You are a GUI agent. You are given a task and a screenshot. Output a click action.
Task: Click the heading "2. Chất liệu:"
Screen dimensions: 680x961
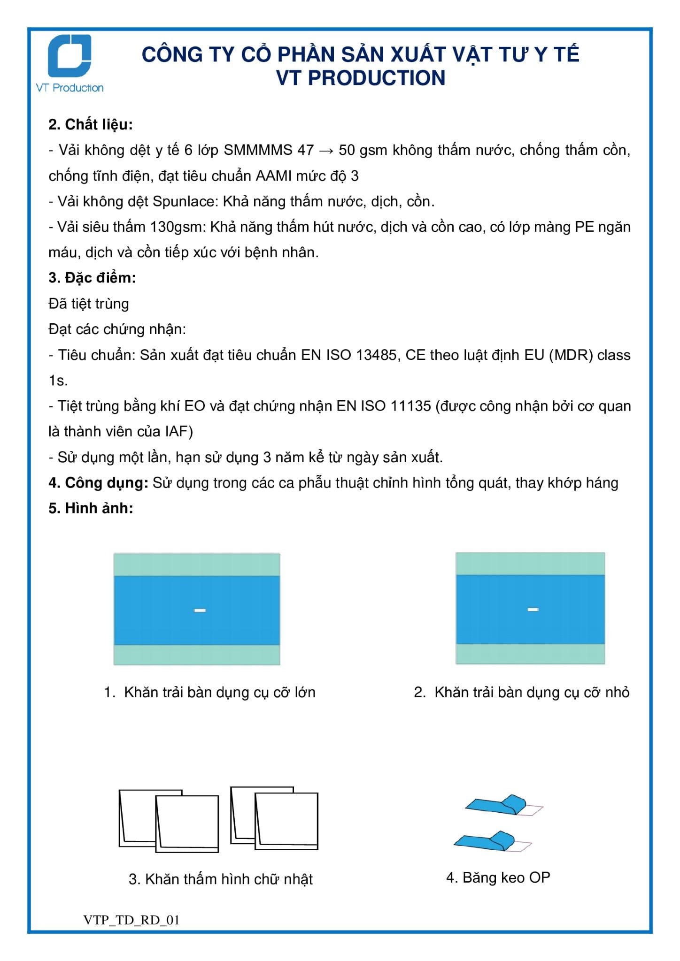(91, 124)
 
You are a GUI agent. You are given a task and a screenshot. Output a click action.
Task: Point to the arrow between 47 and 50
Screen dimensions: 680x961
(326, 151)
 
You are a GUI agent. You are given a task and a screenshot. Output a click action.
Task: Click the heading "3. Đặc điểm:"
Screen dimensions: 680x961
(92, 278)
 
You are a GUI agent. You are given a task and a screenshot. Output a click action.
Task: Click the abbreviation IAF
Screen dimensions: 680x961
(177, 432)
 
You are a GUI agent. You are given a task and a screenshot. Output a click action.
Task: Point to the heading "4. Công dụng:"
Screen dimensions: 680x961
(99, 483)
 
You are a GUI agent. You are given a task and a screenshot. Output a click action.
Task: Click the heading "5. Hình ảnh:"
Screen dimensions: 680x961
(91, 508)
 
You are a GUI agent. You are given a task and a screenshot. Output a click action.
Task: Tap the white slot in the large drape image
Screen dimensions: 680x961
(200, 610)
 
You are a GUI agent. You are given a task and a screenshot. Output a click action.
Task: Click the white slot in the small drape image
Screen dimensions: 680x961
(533, 610)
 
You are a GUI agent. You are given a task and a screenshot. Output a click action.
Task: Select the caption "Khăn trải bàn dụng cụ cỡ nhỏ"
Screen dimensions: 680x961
(532, 693)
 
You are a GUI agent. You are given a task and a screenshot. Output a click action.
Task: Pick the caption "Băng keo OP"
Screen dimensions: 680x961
(506, 877)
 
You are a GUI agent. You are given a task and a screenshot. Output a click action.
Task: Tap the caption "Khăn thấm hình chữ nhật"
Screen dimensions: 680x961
(229, 879)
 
